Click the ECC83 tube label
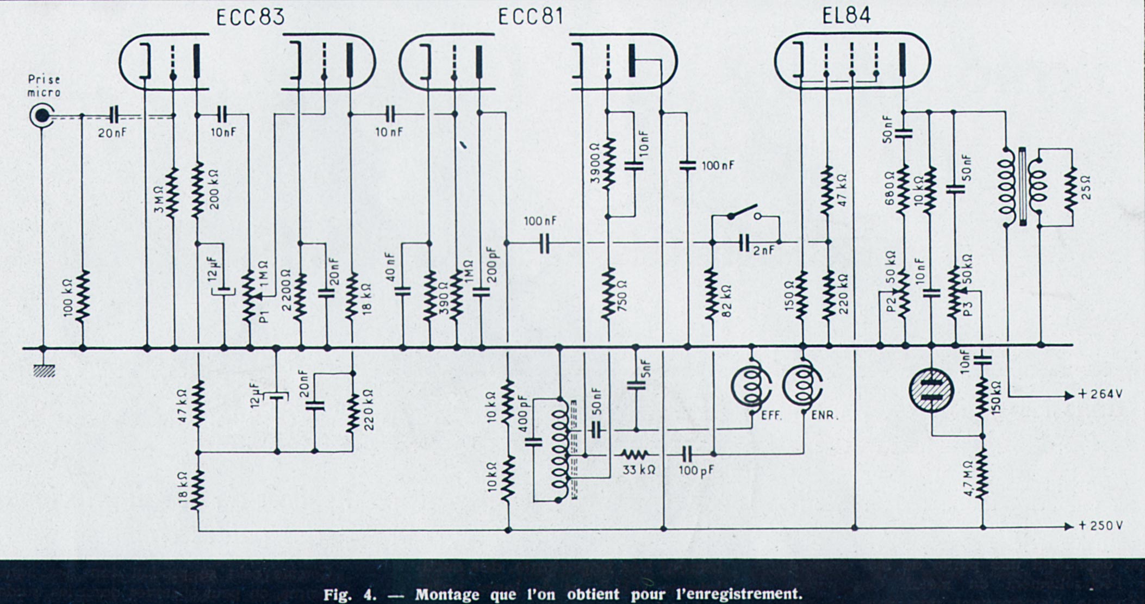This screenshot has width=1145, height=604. click(x=250, y=17)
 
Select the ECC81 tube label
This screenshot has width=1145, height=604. click(x=530, y=17)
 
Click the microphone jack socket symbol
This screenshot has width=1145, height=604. click(x=41, y=115)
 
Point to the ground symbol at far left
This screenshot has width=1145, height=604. click(x=44, y=371)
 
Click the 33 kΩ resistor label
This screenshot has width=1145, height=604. click(x=638, y=469)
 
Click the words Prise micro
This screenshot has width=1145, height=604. click(x=45, y=86)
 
